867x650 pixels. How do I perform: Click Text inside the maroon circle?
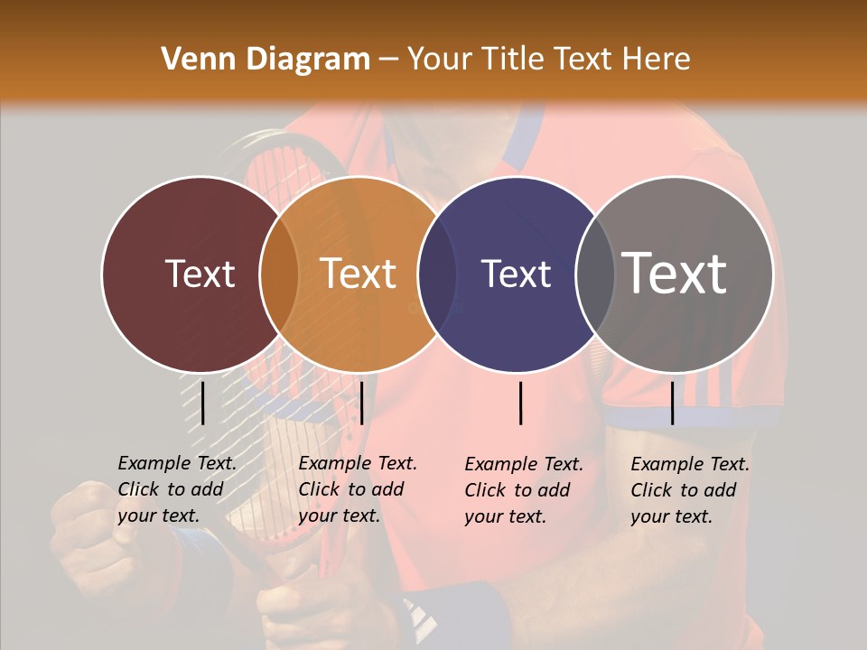pos(200,274)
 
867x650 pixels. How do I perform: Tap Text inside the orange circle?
pos(359,274)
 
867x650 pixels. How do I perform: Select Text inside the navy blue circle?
pos(516,274)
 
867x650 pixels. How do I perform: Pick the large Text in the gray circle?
pos(675,274)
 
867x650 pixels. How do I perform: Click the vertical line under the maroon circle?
pos(203,403)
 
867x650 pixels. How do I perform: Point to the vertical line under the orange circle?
pos(361,403)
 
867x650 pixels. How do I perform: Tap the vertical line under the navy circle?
pos(521,403)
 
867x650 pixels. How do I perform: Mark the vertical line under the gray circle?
pos(672,403)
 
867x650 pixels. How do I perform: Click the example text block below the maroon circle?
pos(176,489)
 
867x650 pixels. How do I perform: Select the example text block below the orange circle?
pos(357,489)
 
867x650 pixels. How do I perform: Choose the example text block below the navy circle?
pos(523,490)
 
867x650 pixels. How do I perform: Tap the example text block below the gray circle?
pos(689,490)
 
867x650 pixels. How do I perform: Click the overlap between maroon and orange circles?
pos(279,274)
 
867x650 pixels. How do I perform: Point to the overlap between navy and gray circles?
pos(593,274)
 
